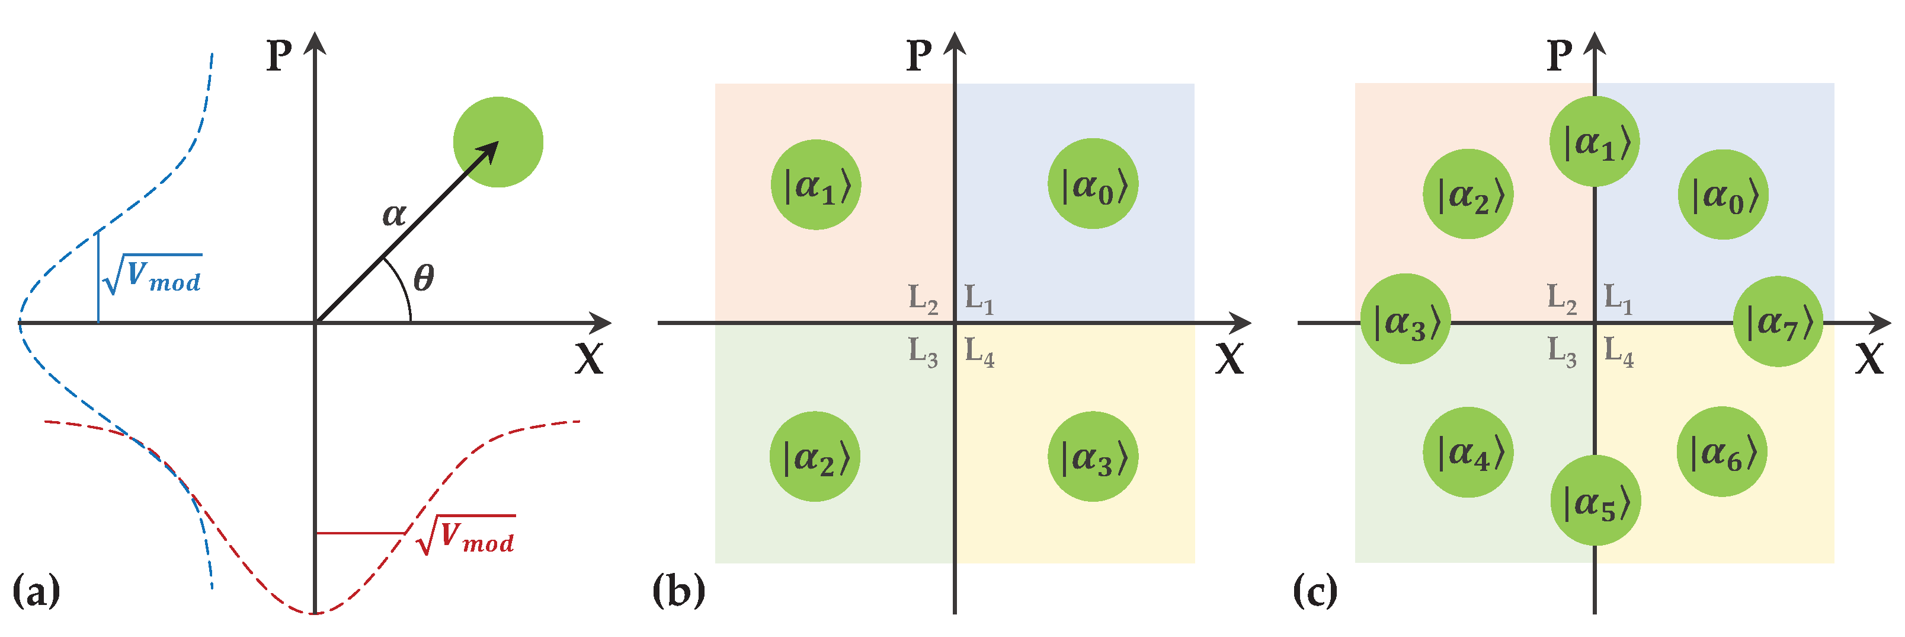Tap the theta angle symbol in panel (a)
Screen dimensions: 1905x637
[423, 278]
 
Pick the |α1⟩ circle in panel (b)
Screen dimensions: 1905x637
[816, 185]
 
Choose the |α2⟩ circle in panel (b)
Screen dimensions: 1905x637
[815, 457]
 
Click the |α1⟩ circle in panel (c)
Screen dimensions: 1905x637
[1595, 141]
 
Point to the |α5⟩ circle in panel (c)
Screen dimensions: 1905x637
[1595, 501]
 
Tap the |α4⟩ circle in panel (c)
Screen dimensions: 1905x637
[1468, 452]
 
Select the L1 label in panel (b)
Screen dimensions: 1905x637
[979, 299]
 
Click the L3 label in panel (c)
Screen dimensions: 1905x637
[1562, 352]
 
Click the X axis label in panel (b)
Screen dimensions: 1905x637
[1228, 359]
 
